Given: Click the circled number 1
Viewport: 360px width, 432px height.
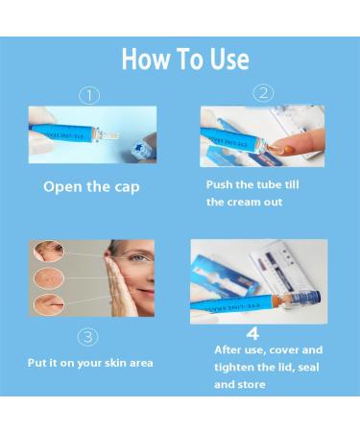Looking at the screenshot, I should [x=89, y=95].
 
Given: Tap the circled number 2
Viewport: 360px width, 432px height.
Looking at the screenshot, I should [x=263, y=93].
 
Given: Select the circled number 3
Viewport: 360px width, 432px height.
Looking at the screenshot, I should [x=87, y=337].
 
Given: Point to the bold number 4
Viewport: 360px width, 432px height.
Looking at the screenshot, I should [x=253, y=333].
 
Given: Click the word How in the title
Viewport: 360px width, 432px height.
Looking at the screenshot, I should [x=145, y=60].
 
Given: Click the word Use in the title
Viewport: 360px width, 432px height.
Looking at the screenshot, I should [x=227, y=60].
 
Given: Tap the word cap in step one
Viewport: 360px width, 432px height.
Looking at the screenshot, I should [x=124, y=186].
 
